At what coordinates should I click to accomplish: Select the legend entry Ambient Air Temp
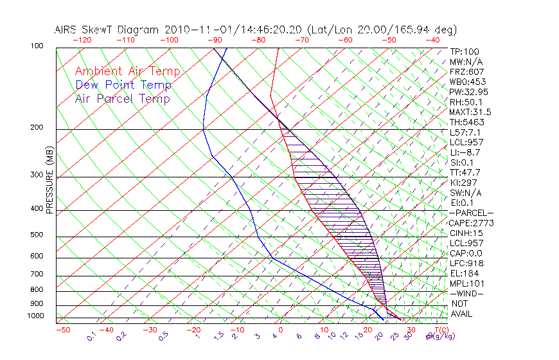coord(127,71)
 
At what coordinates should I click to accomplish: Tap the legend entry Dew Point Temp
coord(123,85)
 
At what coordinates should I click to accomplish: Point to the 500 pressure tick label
coord(37,235)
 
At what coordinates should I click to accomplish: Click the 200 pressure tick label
coord(37,128)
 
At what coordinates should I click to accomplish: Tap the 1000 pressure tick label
coord(35,316)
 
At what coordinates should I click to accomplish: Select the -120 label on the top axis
coord(82,40)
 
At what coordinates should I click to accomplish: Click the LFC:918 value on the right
coord(467,264)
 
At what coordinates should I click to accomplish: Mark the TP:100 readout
coord(465,51)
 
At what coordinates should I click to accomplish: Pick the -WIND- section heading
coord(468,294)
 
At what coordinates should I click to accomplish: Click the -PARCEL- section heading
coord(472,213)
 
